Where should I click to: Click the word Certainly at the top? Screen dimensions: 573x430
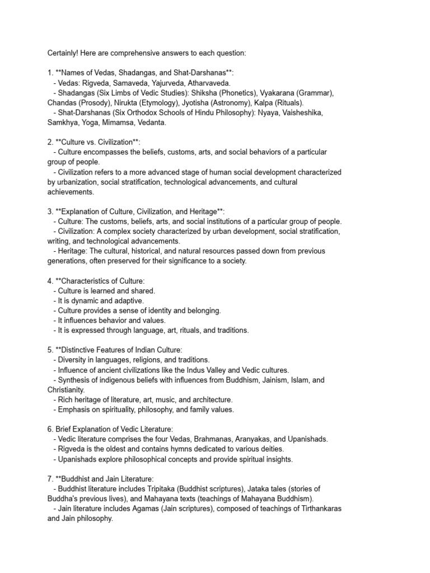[x=63, y=53]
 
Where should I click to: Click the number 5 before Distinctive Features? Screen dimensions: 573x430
[x=50, y=350]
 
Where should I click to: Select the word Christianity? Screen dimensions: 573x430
[x=66, y=390]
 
